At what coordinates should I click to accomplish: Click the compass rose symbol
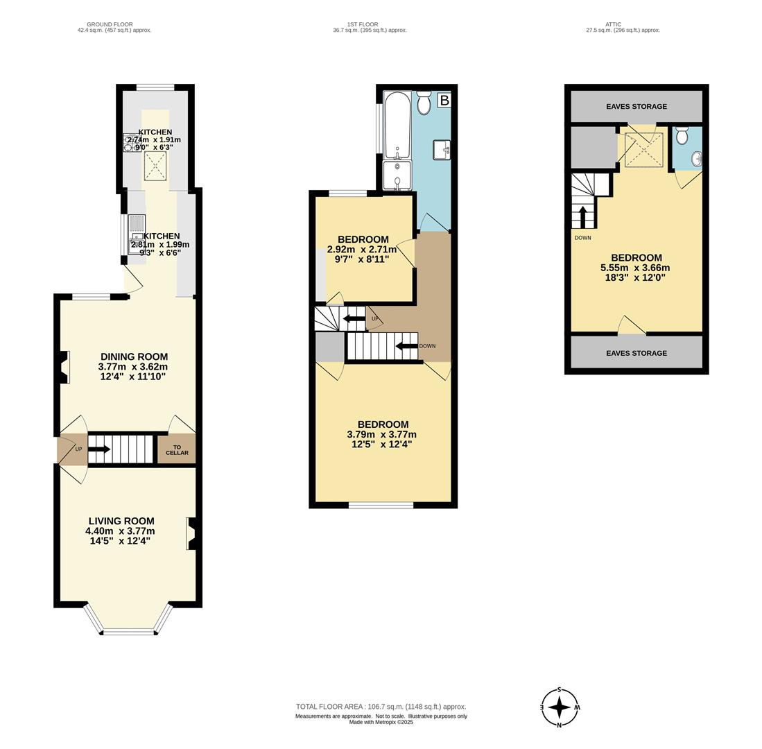click(x=559, y=707)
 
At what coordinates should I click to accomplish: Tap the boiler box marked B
click(x=444, y=101)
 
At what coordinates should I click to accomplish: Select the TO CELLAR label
click(x=176, y=450)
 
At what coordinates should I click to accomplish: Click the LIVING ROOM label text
click(x=121, y=521)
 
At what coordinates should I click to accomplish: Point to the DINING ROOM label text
click(x=134, y=356)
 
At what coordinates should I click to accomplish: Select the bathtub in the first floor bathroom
click(x=397, y=125)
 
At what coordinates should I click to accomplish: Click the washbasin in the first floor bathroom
click(x=441, y=149)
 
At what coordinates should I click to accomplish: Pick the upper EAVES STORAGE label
click(x=636, y=107)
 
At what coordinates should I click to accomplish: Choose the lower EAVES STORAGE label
click(x=636, y=353)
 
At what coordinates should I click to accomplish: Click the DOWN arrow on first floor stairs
click(x=406, y=346)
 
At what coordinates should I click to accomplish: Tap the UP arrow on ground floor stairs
click(x=99, y=449)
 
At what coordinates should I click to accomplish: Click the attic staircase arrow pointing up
click(x=582, y=216)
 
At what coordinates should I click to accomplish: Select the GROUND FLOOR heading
click(x=114, y=24)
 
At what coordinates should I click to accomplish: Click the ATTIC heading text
click(x=613, y=24)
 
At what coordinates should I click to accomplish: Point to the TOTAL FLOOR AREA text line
click(x=381, y=706)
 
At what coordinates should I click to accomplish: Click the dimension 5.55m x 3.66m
click(x=635, y=268)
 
